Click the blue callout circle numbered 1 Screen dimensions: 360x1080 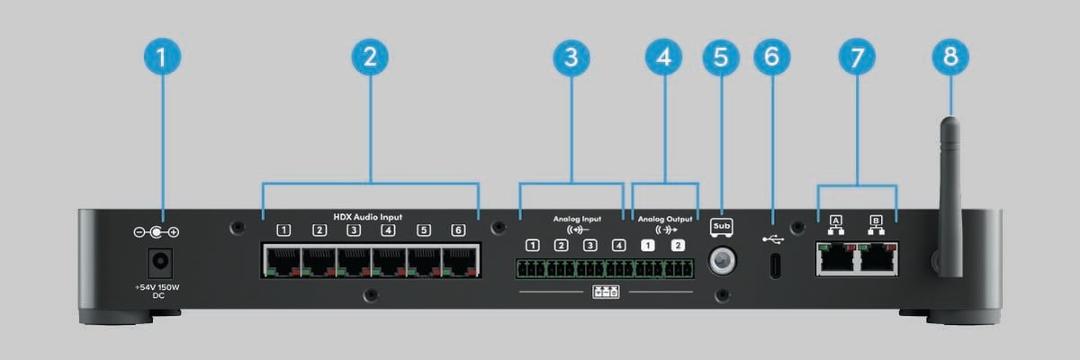[x=161, y=58]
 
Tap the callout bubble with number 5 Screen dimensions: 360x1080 [x=720, y=58]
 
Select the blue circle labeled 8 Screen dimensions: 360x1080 [x=950, y=58]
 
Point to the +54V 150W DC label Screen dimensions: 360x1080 [x=157, y=290]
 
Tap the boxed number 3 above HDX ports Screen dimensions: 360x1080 [x=354, y=230]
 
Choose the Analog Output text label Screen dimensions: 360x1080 [x=666, y=218]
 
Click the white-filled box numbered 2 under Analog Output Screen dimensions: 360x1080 [x=679, y=245]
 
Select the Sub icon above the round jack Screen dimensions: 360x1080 [x=721, y=226]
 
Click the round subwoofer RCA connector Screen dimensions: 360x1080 [x=721, y=262]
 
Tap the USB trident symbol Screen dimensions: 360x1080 [x=771, y=239]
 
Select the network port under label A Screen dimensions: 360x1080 [x=836, y=259]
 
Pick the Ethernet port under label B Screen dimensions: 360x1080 [x=877, y=259]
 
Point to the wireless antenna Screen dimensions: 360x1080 [x=949, y=180]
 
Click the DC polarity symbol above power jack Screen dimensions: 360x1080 [x=156, y=232]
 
